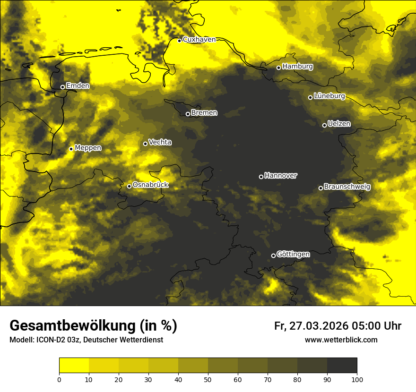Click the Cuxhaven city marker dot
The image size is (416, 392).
tap(180, 41)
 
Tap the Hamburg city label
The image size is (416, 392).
tap(297, 67)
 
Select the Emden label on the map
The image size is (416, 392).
tap(77, 86)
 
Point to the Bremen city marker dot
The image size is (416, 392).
tap(188, 114)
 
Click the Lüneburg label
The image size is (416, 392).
tap(329, 96)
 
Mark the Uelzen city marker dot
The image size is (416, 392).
tap(324, 125)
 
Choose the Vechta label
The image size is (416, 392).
tap(160, 142)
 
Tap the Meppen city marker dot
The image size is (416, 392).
tap(71, 149)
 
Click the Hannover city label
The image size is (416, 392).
tap(281, 176)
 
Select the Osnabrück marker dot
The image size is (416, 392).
tap(129, 186)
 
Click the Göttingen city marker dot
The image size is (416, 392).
tap(273, 256)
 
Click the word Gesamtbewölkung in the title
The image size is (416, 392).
tap(72, 326)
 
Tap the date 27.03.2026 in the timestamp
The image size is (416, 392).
tap(317, 326)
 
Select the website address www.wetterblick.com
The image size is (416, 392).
tap(341, 340)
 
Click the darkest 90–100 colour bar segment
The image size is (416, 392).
tap(342, 366)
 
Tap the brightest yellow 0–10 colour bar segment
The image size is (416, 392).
tap(74, 366)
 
